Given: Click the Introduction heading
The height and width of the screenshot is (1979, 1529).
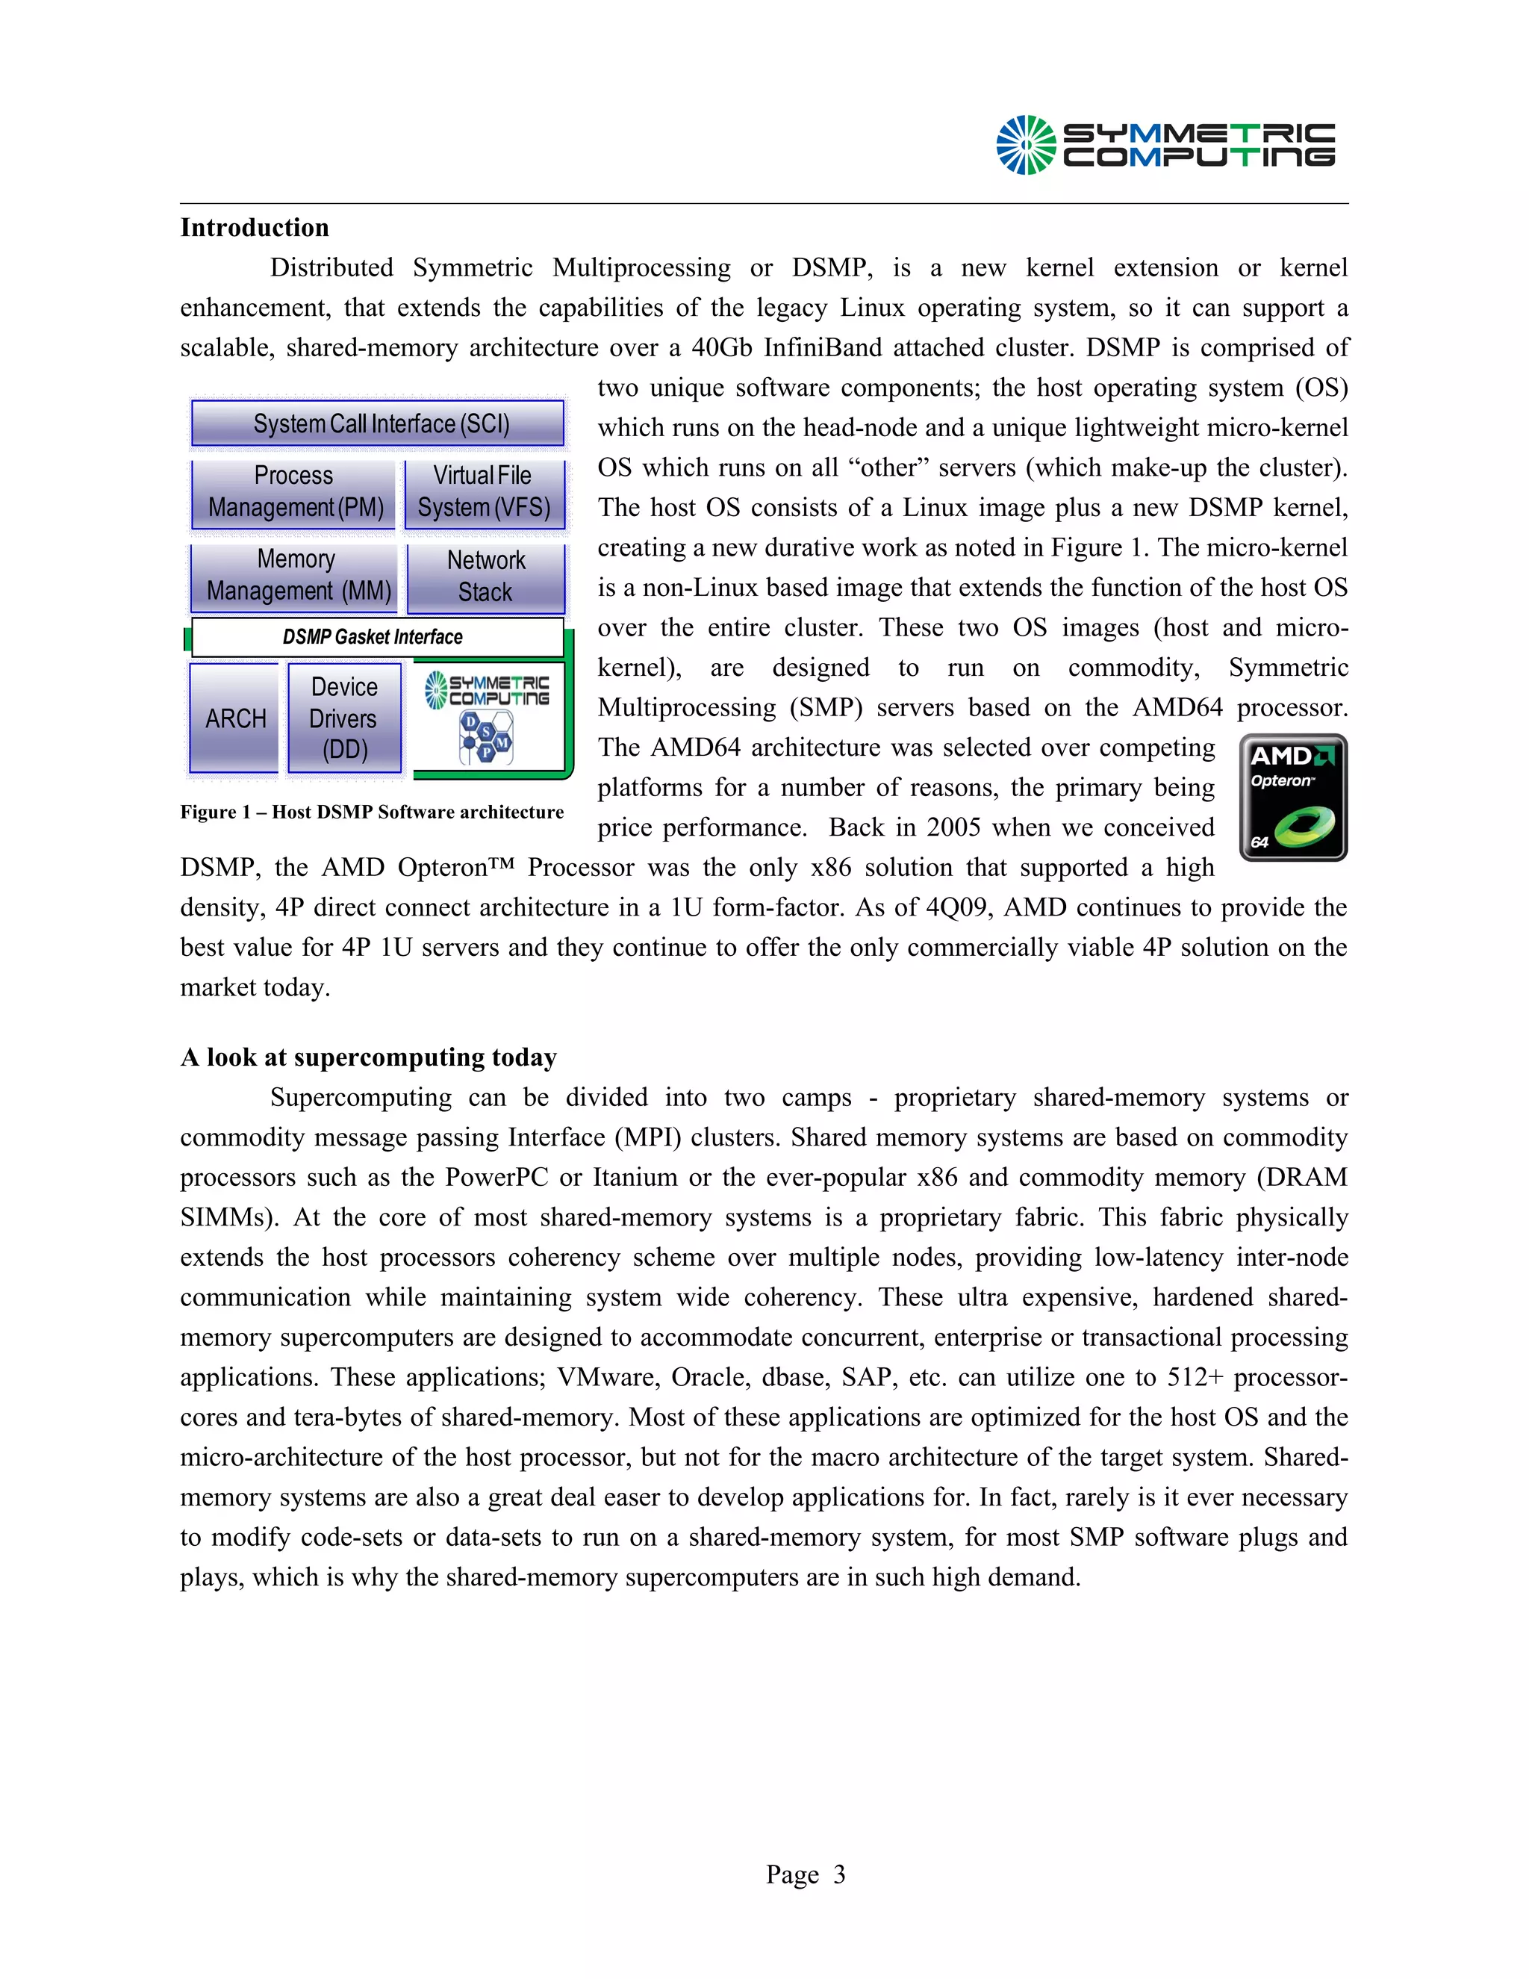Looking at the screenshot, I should click(255, 228).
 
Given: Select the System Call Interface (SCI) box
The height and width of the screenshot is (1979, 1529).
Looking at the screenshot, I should click(378, 423).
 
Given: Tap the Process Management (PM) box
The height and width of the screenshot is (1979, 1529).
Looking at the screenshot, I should click(294, 492).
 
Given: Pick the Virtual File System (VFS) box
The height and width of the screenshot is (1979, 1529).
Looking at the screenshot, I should click(484, 492).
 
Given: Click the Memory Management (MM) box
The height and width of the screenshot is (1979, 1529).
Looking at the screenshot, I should click(296, 575).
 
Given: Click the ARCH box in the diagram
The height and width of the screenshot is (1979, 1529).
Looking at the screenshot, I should click(234, 718).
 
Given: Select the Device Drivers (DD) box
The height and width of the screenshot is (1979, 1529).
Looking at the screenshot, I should click(344, 718).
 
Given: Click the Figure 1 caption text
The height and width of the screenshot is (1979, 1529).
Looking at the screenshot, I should click(371, 812).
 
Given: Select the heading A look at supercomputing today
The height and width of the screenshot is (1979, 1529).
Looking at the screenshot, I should click(368, 1057).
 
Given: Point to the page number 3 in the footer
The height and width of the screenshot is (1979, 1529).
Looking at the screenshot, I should click(838, 1874).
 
